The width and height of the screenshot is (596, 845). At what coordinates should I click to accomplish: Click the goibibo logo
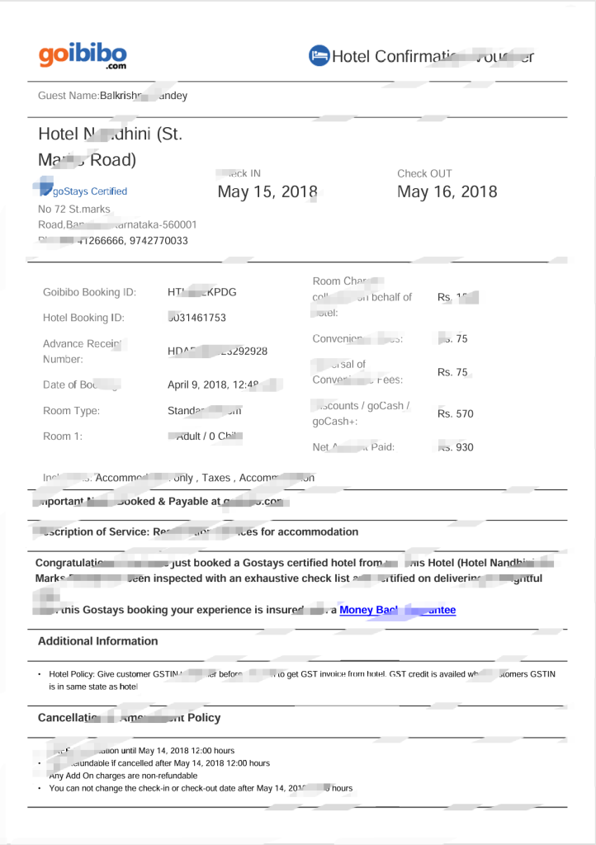(83, 55)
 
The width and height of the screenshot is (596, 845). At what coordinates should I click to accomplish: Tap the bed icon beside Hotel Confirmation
(319, 55)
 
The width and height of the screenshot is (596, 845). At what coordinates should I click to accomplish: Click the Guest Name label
(69, 96)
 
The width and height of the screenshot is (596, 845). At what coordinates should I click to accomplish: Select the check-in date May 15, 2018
(267, 192)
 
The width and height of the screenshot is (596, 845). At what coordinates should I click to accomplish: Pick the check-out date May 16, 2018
(447, 192)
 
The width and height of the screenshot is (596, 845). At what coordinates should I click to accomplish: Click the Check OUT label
(424, 173)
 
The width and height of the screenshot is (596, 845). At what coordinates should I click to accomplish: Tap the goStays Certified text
(89, 191)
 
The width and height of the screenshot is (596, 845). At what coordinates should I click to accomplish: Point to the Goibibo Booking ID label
(89, 292)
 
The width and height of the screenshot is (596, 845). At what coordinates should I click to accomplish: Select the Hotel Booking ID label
(83, 318)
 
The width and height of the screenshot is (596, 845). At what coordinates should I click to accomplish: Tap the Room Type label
(71, 411)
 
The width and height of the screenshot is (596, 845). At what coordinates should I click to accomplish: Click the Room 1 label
(63, 436)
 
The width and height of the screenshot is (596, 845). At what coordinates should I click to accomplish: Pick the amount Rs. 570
(456, 413)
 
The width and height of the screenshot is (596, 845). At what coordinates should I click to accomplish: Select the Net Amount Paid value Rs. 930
(456, 447)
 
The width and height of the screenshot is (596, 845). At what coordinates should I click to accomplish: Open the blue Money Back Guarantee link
(396, 610)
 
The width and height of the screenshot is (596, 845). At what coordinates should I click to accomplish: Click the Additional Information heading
(97, 641)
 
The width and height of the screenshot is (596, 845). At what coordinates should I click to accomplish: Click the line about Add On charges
(123, 776)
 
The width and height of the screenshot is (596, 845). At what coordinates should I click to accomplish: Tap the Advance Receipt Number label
(74, 351)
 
